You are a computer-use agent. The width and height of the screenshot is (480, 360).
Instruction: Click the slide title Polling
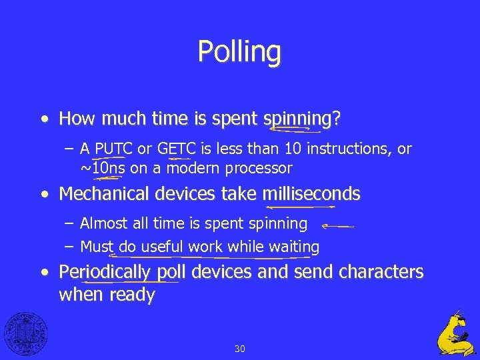pyautogui.click(x=239, y=51)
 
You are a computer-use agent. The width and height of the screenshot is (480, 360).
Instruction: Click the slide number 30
pyautogui.click(x=240, y=348)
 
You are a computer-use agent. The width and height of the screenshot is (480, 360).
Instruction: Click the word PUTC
pyautogui.click(x=114, y=149)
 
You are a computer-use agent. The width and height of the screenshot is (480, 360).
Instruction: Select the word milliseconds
pyautogui.click(x=311, y=194)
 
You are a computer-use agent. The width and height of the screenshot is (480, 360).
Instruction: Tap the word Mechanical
pyautogui.click(x=104, y=194)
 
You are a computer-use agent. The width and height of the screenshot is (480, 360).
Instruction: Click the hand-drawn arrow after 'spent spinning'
pyautogui.click(x=337, y=226)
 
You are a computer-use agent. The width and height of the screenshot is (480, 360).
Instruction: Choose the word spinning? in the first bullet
pyautogui.click(x=303, y=119)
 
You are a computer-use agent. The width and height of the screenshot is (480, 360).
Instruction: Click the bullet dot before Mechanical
pyautogui.click(x=44, y=195)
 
